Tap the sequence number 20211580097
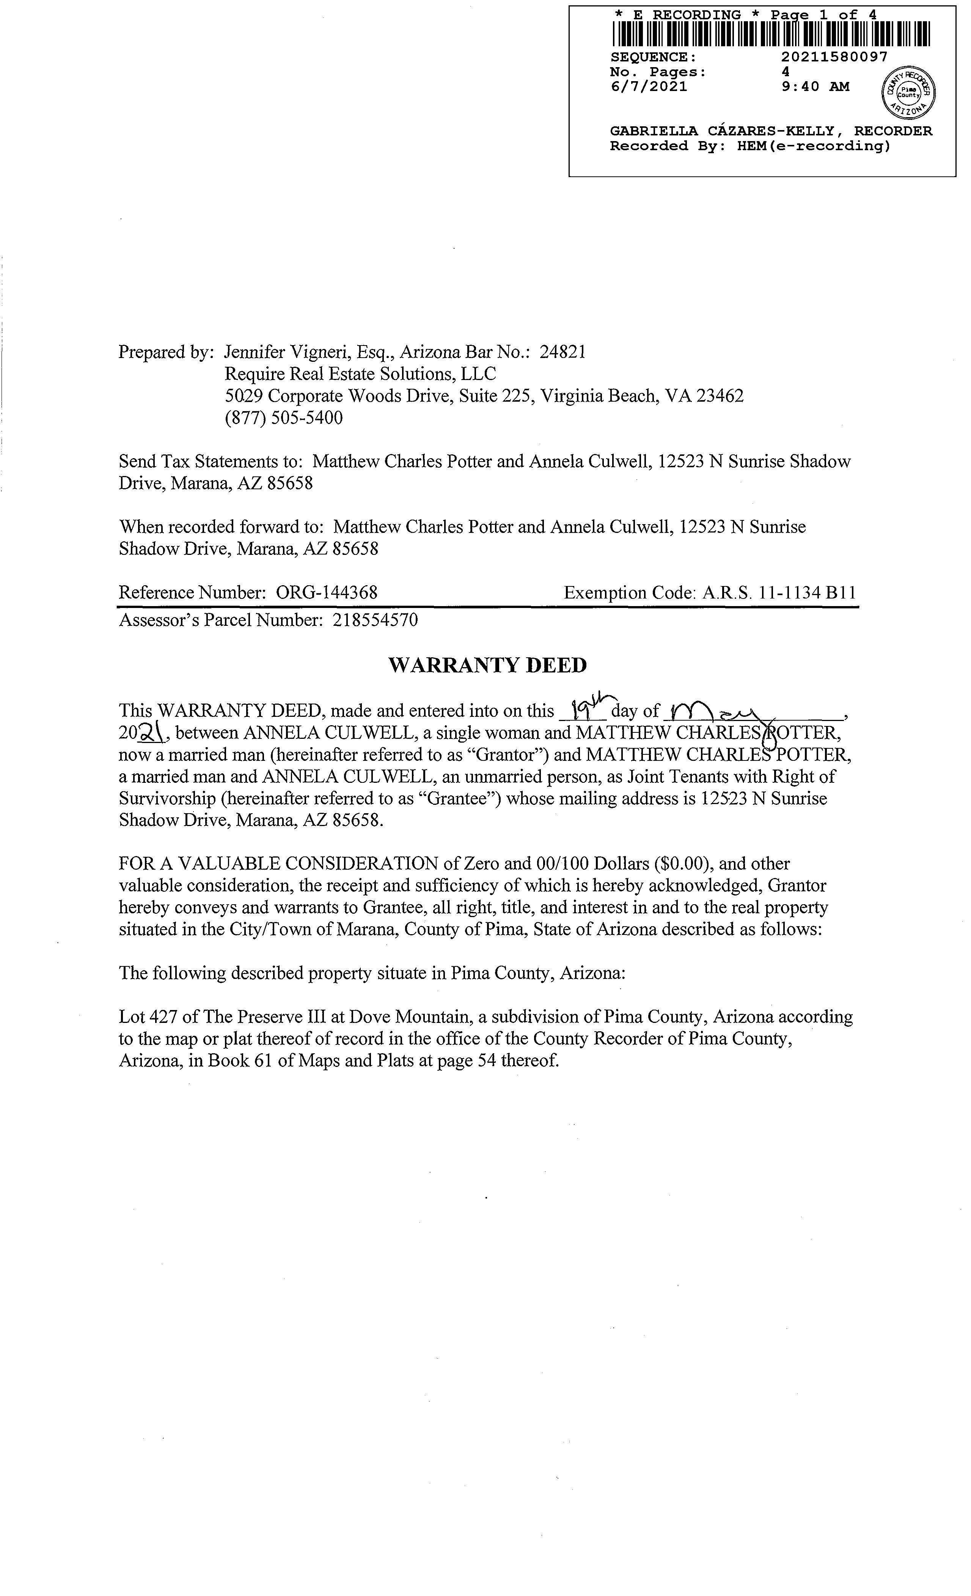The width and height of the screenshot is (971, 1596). tap(834, 57)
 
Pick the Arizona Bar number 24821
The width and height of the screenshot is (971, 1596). tap(563, 352)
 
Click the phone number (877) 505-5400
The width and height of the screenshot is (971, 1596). tap(284, 418)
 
